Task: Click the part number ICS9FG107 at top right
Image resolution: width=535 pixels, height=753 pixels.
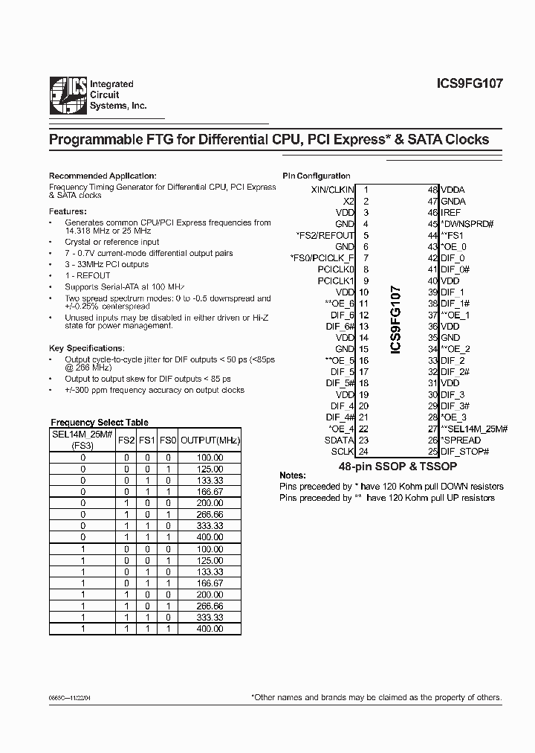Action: pos(470,84)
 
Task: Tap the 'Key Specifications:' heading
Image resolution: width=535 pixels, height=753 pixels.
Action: pos(86,348)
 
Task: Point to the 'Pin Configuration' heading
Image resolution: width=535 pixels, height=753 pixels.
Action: pos(317,176)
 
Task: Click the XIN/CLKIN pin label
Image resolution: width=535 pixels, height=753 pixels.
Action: pos(332,190)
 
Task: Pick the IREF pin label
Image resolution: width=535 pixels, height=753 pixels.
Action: pos(451,213)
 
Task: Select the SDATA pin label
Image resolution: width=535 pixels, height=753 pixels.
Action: pos(340,440)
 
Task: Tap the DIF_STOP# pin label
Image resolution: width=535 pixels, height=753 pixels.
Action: pos(464,452)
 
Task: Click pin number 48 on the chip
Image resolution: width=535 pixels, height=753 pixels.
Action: pos(432,190)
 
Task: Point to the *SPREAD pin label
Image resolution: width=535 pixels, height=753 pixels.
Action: pos(461,440)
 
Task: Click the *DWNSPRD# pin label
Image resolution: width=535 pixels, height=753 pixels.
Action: pos(467,224)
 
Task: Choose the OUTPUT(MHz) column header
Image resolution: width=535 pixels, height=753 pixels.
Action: pos(210,440)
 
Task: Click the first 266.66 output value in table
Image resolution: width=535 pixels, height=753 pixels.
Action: pos(210,513)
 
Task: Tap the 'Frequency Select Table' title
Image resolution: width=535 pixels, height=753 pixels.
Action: pos(99,422)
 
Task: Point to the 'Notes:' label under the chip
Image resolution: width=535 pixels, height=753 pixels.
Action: pos(292,475)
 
